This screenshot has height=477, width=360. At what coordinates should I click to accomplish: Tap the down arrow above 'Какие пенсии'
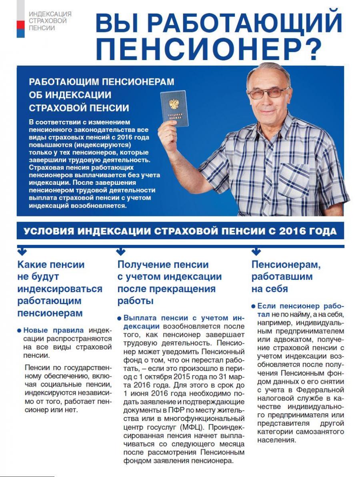(x=22, y=251)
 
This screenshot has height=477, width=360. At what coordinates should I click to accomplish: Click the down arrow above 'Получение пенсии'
(x=120, y=251)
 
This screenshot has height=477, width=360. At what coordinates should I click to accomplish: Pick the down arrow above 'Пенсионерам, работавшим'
(x=256, y=251)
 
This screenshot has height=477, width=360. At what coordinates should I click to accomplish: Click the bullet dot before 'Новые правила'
(x=20, y=331)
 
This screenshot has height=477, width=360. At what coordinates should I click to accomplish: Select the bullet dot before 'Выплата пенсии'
(x=120, y=319)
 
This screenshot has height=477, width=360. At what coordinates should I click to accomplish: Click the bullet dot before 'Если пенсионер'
(x=254, y=306)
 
